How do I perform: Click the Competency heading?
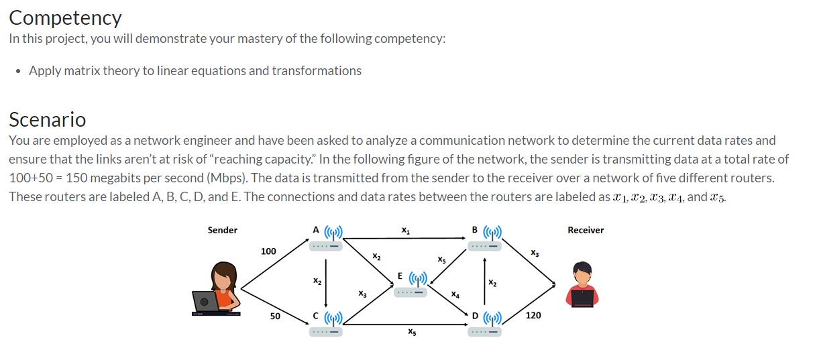[x=65, y=17]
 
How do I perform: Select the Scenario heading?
[x=47, y=119]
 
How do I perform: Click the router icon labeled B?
[x=486, y=239]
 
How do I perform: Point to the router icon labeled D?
[x=486, y=324]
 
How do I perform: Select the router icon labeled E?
[x=410, y=285]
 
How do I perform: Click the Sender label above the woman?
[x=222, y=230]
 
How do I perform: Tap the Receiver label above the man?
[x=585, y=230]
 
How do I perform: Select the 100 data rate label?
[x=268, y=251]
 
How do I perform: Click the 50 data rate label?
[x=275, y=316]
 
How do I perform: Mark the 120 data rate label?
[x=533, y=316]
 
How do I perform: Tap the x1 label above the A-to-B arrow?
[x=405, y=231]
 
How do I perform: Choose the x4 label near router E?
[x=455, y=294]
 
